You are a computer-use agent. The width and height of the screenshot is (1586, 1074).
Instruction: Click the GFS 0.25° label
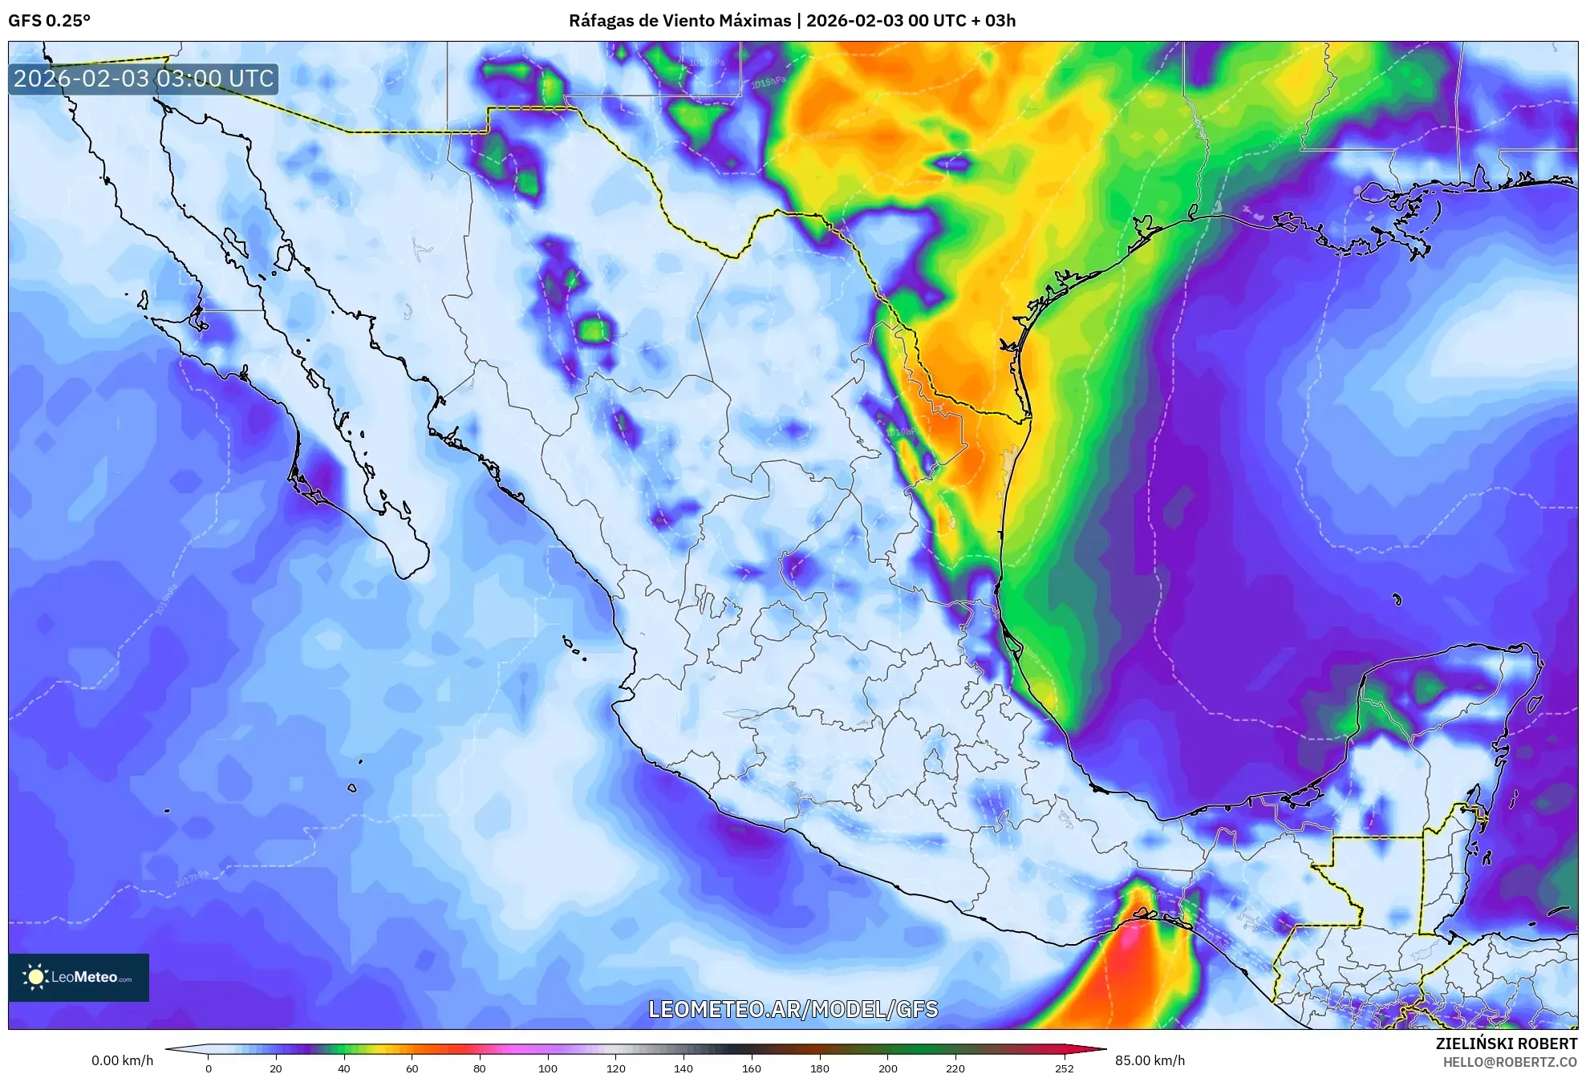[x=49, y=21]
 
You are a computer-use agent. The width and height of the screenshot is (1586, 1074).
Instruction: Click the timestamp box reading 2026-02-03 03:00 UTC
[x=144, y=79]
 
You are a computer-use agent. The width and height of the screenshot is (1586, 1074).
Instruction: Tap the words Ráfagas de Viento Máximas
[x=679, y=21]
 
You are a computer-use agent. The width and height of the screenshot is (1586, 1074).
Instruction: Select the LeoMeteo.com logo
[x=79, y=977]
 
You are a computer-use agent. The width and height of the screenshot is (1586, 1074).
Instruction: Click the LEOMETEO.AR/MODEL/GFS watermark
[x=793, y=1009]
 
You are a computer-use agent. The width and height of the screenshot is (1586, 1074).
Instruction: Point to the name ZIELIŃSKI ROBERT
[x=1506, y=1044]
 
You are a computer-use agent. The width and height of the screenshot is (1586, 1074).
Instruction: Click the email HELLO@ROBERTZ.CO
[x=1510, y=1062]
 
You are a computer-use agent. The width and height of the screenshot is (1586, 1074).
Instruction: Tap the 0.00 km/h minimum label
[x=122, y=1060]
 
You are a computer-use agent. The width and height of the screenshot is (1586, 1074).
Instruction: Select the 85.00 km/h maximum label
[x=1150, y=1060]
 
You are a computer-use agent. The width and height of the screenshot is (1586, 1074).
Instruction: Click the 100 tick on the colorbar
[x=548, y=1068]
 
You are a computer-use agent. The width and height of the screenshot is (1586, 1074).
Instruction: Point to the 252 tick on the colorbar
[x=1065, y=1068]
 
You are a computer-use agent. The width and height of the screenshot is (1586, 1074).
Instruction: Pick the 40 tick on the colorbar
[x=344, y=1068]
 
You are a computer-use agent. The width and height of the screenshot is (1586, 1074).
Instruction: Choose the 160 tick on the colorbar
[x=752, y=1068]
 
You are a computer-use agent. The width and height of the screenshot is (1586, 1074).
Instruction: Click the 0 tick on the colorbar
[x=209, y=1068]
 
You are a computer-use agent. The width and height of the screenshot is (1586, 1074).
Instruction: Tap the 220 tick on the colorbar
[x=955, y=1068]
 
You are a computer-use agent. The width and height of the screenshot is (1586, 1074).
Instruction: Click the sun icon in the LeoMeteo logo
[x=35, y=976]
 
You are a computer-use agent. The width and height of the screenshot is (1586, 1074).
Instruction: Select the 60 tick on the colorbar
[x=412, y=1068]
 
